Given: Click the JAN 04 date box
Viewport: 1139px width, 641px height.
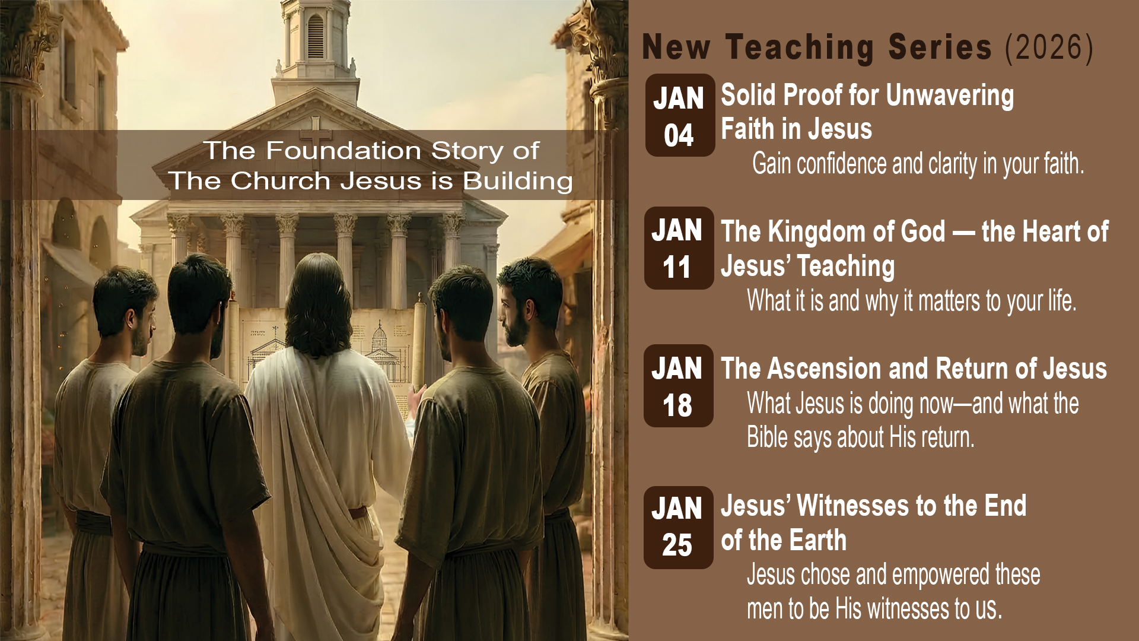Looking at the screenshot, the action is (680, 115).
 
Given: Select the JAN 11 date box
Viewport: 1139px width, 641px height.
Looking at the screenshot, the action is (679, 248).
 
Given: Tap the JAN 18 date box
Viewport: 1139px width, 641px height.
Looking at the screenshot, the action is (679, 386).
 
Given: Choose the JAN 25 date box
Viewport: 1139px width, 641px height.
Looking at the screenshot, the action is (679, 528).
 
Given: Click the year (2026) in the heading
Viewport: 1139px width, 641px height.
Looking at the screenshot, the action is (1049, 47).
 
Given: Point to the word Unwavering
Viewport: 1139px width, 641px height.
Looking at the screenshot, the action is (950, 96).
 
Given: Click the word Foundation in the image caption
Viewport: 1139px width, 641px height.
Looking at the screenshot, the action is (345, 151).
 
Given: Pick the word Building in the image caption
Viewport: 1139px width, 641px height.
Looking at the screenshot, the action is (518, 182).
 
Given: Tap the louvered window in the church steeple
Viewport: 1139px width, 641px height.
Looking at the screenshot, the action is (316, 37).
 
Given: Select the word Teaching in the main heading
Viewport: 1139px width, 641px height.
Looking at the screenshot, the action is (800, 47).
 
